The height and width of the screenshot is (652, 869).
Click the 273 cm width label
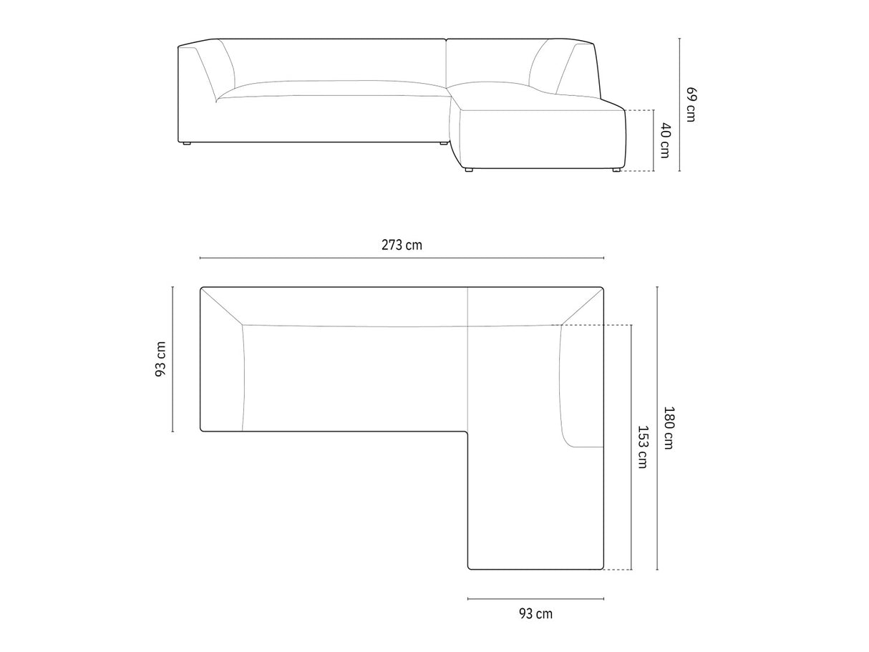point(402,245)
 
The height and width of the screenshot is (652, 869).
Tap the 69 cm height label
point(691,104)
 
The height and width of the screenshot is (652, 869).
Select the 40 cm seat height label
point(666,140)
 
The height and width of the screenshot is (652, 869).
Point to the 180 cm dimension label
point(669,427)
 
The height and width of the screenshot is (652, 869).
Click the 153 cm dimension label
point(643,447)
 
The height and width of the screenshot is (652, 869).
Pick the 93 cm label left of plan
point(161,359)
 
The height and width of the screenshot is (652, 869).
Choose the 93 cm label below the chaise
point(535,613)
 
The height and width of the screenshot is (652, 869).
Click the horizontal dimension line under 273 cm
point(402,258)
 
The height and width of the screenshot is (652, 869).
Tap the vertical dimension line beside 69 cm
point(680,104)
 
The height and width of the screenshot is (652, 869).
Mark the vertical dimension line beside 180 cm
point(657,428)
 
